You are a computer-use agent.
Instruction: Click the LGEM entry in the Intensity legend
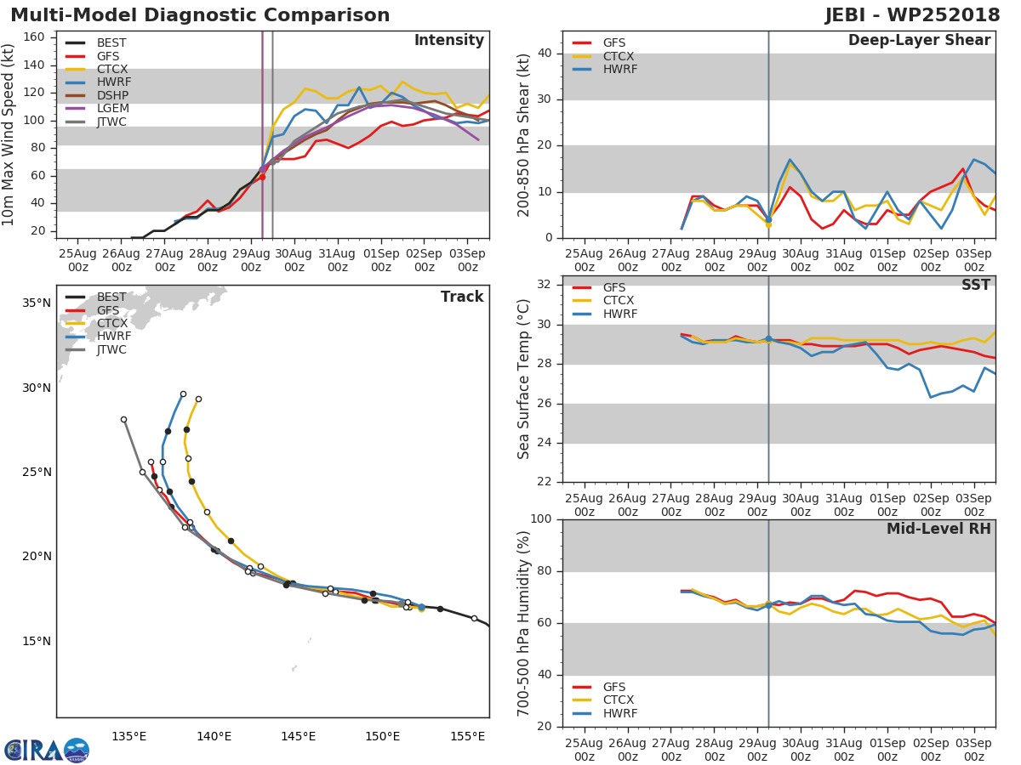(x=111, y=110)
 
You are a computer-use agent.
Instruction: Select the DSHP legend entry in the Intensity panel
(x=111, y=96)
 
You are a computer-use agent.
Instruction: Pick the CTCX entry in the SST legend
(x=618, y=301)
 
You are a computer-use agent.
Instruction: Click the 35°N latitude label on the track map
(x=36, y=303)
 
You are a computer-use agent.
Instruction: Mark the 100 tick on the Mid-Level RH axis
(x=541, y=519)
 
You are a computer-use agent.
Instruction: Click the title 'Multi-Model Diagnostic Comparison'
(x=200, y=15)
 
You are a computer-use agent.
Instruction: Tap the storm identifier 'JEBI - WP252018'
(x=912, y=15)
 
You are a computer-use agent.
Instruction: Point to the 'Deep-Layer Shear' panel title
(x=919, y=41)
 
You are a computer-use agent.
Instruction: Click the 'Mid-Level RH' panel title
(x=938, y=530)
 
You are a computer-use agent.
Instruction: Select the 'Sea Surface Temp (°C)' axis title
(x=524, y=379)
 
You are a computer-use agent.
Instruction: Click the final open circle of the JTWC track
(x=123, y=419)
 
